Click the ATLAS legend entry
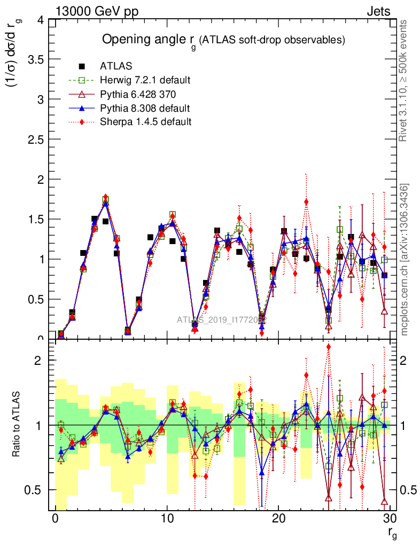pyautogui.click(x=115, y=66)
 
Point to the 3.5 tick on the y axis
pyautogui.click(x=33, y=59)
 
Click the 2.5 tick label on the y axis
pyautogui.click(x=33, y=139)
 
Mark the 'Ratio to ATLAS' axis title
pyautogui.click(x=16, y=425)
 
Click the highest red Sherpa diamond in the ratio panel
pyautogui.click(x=328, y=347)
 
